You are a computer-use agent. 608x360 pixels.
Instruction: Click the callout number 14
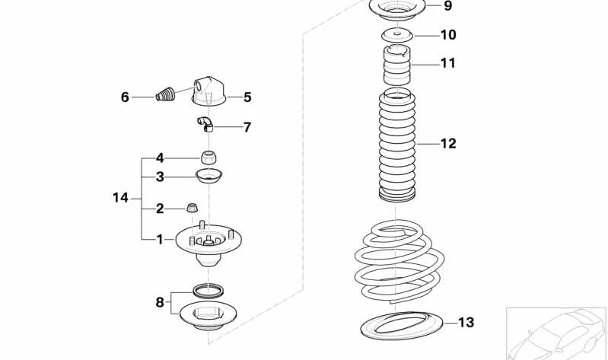click(120, 198)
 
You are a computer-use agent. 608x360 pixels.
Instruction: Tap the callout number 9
click(448, 6)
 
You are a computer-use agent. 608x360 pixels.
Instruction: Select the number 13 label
click(466, 323)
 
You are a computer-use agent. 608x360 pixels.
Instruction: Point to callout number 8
click(160, 302)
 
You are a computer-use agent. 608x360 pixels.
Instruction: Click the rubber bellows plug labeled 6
click(166, 94)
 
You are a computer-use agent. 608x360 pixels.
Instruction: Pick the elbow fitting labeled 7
click(205, 124)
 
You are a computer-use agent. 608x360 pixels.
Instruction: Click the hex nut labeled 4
click(209, 158)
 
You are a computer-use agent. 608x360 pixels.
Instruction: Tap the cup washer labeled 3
click(209, 176)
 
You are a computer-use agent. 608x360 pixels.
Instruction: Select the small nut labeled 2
click(193, 208)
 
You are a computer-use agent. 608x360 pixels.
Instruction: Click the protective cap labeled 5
click(209, 91)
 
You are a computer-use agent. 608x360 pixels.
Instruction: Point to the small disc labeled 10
click(397, 36)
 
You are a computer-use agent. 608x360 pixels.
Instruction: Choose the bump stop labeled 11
click(396, 65)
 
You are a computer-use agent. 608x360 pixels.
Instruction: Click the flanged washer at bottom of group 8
click(209, 315)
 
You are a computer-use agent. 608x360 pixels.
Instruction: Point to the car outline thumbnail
click(556, 333)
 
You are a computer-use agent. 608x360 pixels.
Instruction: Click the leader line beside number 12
click(428, 144)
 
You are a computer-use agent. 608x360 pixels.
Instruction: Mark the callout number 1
click(160, 240)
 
